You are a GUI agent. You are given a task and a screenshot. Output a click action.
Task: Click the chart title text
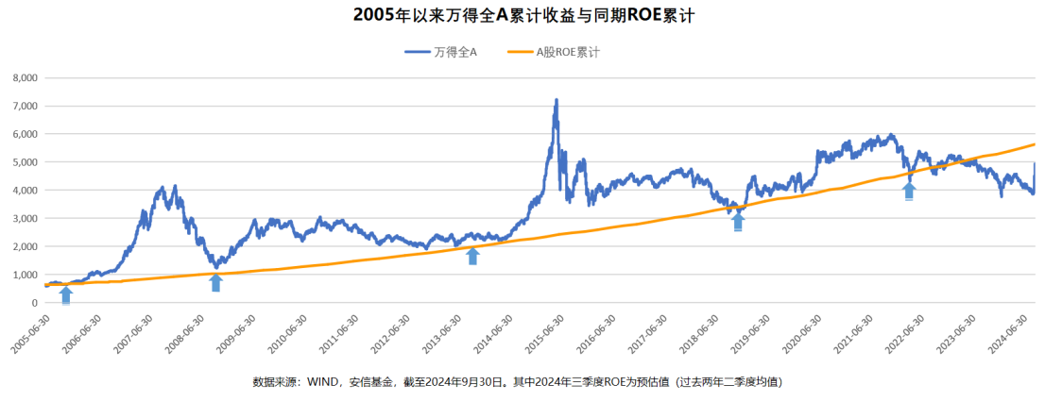(522, 16)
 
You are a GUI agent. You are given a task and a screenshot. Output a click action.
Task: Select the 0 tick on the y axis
(34, 303)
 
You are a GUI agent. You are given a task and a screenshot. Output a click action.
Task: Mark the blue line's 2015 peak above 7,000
(556, 100)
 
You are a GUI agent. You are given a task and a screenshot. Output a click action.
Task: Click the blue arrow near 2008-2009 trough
(216, 282)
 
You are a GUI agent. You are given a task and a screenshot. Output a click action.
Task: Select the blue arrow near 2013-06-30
(472, 256)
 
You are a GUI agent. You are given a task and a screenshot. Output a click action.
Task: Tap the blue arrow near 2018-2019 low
(738, 222)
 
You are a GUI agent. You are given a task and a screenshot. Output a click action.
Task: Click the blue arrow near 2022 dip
(909, 192)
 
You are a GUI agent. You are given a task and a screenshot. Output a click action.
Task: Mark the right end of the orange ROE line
(1035, 144)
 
